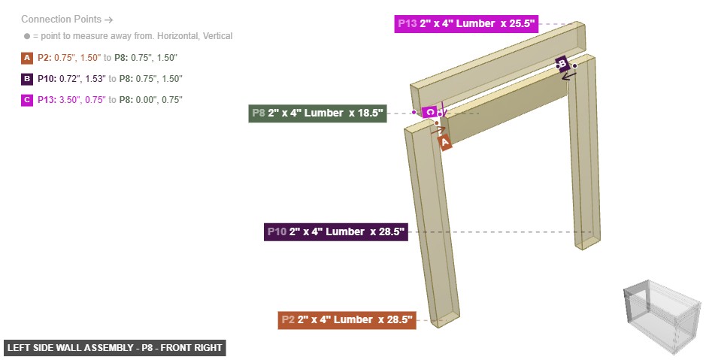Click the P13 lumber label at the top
(465, 24)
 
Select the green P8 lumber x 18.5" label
(317, 114)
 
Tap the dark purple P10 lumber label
(336, 232)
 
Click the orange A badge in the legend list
(27, 58)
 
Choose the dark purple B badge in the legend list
(27, 79)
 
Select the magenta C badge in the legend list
(27, 100)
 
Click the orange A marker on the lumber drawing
(444, 141)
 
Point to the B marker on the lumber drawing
(561, 63)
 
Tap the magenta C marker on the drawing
(429, 113)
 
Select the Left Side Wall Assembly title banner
(114, 348)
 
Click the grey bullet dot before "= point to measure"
(27, 36)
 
